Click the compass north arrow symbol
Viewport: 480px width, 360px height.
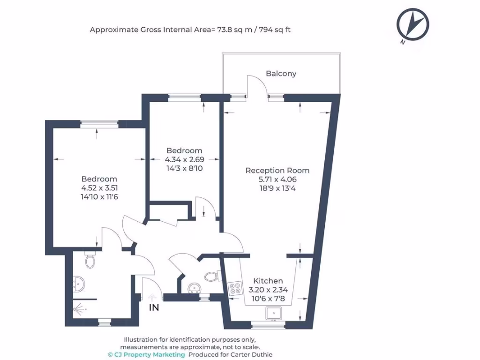[x=412, y=24]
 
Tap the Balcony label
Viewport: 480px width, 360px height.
[x=281, y=74]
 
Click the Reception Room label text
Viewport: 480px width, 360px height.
[x=277, y=171]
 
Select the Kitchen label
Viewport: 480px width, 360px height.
[x=268, y=281]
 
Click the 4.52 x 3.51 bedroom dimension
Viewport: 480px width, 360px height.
[x=99, y=188]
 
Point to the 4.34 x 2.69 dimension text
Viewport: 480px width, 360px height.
[x=184, y=159]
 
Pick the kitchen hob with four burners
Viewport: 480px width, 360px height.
[x=235, y=289]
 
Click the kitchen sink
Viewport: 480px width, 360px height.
[x=274, y=313]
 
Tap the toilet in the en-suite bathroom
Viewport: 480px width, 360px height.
[x=90, y=260]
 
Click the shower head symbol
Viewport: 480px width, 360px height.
[x=79, y=309]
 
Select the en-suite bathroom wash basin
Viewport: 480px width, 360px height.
[x=79, y=284]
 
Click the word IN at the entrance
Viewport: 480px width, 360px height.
[x=154, y=307]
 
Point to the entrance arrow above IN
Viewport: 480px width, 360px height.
[x=152, y=297]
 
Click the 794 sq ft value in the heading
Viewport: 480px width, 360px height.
[x=275, y=30]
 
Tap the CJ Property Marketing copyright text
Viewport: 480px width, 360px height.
[x=146, y=355]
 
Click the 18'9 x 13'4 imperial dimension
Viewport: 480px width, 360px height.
[x=277, y=188]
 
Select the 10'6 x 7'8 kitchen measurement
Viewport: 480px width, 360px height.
[x=268, y=299]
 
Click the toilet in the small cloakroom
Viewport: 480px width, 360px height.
[x=212, y=277]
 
